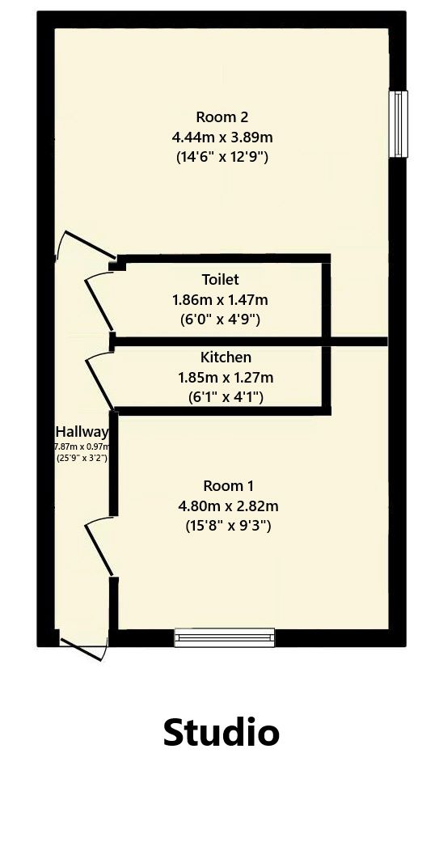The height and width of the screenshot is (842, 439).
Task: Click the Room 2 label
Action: click(x=222, y=116)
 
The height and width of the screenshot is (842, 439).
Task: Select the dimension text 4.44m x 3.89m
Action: click(x=222, y=137)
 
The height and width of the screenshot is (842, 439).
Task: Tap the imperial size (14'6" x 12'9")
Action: click(x=222, y=157)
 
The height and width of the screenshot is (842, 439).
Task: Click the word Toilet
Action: click(x=220, y=280)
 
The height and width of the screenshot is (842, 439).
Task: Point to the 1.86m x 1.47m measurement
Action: click(x=220, y=299)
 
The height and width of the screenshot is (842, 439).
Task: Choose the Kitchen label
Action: click(x=226, y=357)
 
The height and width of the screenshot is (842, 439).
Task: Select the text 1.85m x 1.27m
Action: click(x=226, y=377)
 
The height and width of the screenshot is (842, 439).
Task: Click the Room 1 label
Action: click(x=228, y=485)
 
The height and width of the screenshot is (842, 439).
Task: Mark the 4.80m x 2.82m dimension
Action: click(x=228, y=506)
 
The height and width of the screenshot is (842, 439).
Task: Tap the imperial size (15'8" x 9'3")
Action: click(x=228, y=526)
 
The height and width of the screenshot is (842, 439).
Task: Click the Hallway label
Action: click(x=82, y=432)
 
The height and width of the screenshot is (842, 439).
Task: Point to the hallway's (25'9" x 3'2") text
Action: click(x=82, y=458)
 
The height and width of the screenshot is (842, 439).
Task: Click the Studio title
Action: click(x=221, y=732)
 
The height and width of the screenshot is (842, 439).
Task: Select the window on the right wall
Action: click(x=398, y=124)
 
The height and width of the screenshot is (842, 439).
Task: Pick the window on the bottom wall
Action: click(x=225, y=637)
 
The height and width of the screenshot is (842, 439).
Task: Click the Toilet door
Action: click(x=99, y=302)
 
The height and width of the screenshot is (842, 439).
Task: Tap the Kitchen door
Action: click(x=99, y=379)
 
